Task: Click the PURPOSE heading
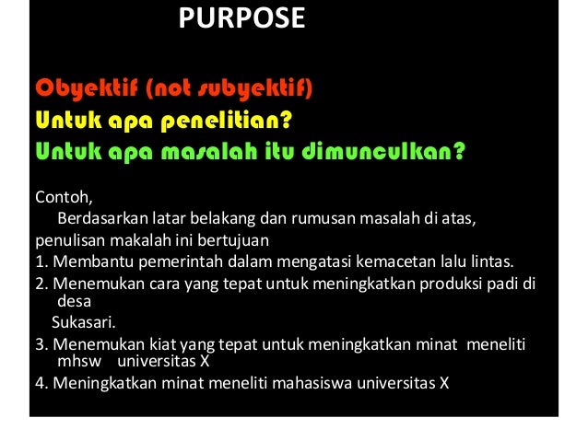241,18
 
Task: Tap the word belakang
225,219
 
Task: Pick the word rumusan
316,219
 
